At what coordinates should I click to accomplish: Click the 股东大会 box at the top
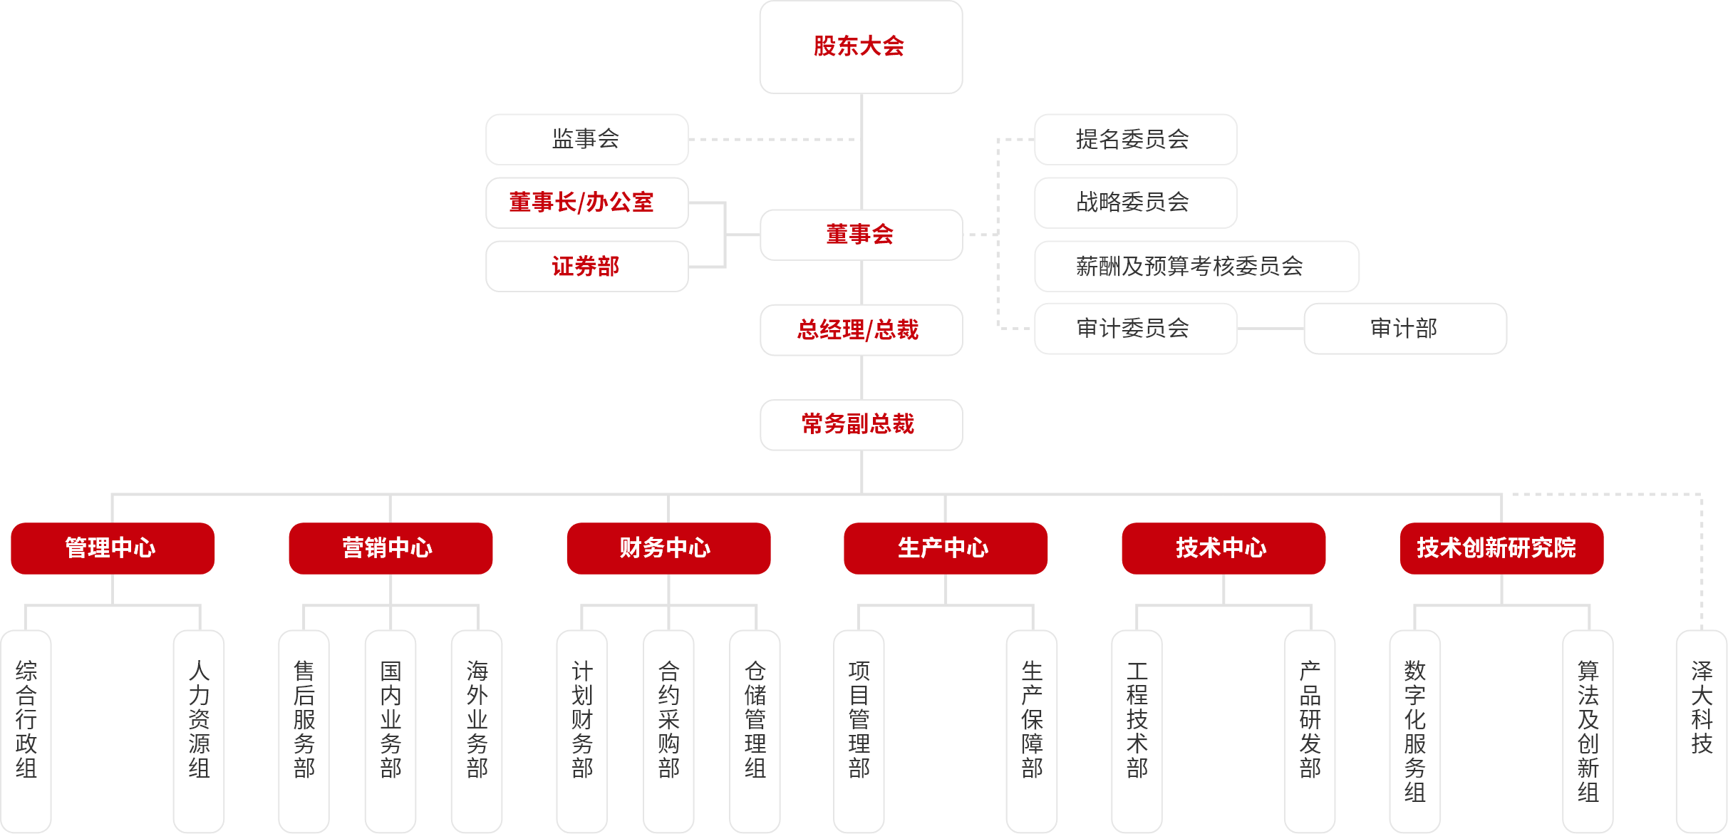[x=861, y=47]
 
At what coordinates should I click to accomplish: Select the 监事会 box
[x=586, y=139]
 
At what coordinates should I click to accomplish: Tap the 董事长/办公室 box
[x=586, y=202]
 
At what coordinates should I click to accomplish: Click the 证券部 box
[x=586, y=266]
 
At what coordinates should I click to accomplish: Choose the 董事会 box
[x=861, y=235]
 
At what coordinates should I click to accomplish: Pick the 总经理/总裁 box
[x=861, y=329]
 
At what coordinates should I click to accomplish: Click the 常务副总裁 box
[x=861, y=424]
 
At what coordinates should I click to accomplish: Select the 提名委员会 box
[x=1135, y=139]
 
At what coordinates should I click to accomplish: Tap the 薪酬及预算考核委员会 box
[x=1196, y=266]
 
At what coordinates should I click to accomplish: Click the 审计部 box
[x=1404, y=329]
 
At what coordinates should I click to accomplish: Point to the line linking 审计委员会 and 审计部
[x=1271, y=329]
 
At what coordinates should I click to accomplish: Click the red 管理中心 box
[x=113, y=548]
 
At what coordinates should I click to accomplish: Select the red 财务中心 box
[x=668, y=548]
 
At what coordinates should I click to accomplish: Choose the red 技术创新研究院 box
[x=1501, y=548]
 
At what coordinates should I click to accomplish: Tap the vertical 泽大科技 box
[x=1702, y=727]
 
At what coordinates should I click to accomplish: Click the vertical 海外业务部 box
[x=477, y=727]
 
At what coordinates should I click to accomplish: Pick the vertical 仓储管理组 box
[x=755, y=727]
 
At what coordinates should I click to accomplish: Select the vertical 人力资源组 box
[x=199, y=727]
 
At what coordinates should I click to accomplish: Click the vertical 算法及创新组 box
[x=1588, y=727]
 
